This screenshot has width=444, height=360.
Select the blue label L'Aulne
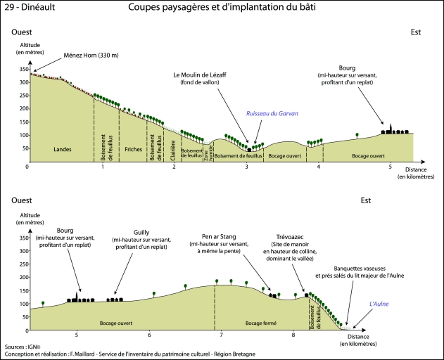click(379, 304)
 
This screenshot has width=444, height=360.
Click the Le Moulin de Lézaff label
click(201, 75)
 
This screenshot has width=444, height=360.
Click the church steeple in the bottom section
click(76, 293)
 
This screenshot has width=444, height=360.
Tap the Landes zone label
click(63, 150)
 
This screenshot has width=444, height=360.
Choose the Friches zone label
click(134, 150)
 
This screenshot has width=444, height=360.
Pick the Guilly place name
click(141, 232)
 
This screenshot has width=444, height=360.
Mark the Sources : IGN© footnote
click(23, 347)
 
